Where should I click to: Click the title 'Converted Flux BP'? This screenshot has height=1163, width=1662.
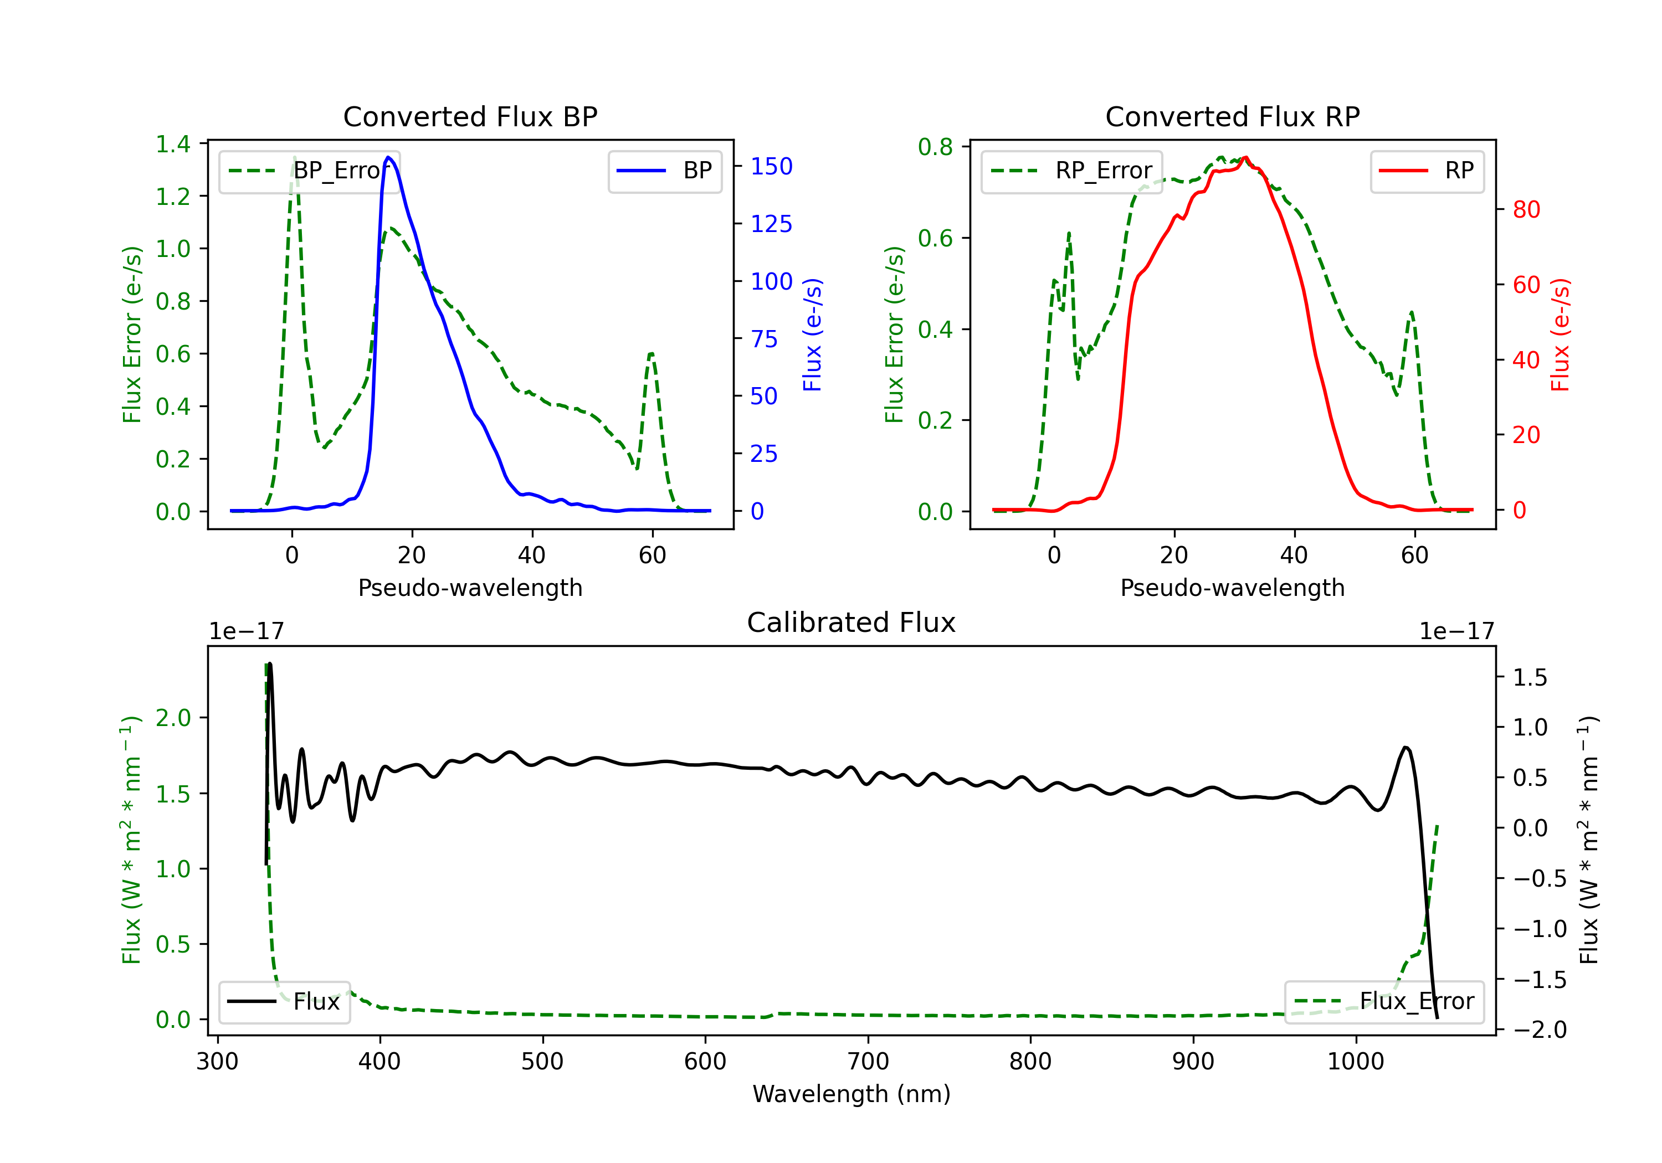[x=470, y=116]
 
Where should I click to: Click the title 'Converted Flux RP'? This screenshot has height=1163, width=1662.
[x=1232, y=116]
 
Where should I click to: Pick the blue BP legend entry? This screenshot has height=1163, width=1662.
[x=664, y=171]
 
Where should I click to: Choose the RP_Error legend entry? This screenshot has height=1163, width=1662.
[x=1071, y=171]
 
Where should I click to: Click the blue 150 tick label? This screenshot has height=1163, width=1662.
[x=771, y=167]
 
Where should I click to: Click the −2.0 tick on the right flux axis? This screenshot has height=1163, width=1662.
[x=1540, y=1029]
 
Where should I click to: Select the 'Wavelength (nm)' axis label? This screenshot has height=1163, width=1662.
[x=851, y=1094]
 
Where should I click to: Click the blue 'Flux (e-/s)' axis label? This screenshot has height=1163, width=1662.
[x=812, y=335]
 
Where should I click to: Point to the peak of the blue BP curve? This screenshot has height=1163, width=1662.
[x=389, y=157]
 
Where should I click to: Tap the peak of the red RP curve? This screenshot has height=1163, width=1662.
[x=1245, y=157]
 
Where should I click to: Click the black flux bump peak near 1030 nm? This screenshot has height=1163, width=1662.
[x=1405, y=747]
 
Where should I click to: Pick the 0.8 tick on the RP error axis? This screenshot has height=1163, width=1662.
[x=935, y=147]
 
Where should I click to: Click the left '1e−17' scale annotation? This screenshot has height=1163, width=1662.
[x=246, y=632]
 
